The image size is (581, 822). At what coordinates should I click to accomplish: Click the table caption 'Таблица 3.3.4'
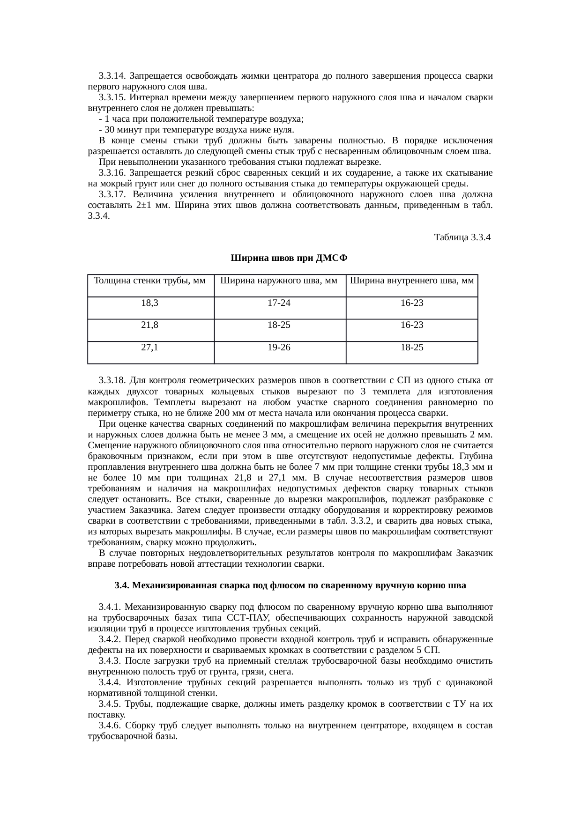[462, 237]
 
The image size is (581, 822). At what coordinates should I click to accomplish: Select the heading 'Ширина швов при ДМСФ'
[290, 259]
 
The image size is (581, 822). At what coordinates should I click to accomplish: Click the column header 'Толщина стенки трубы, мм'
[150, 281]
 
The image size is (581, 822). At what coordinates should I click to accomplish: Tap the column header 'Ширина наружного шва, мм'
[279, 281]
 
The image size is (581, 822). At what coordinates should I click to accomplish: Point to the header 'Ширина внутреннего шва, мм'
[411, 281]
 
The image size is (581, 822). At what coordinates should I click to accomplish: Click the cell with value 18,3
[150, 303]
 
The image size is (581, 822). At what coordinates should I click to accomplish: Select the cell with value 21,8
[150, 325]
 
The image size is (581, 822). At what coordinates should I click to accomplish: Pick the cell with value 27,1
[150, 348]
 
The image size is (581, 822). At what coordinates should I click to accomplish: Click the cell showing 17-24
[279, 303]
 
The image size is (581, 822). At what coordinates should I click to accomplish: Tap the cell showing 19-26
[279, 348]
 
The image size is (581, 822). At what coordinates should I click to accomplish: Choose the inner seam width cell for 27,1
[411, 348]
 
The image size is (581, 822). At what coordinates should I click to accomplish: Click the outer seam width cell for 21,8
[279, 325]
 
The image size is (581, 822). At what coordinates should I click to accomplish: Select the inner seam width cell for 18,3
[411, 303]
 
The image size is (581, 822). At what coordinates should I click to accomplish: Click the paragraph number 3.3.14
[112, 76]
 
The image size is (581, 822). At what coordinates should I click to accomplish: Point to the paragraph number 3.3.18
[112, 380]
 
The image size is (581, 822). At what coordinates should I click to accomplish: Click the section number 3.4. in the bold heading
[122, 585]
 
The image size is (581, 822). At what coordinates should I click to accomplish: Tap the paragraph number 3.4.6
[111, 726]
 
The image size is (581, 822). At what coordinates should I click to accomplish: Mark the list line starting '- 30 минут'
[196, 130]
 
